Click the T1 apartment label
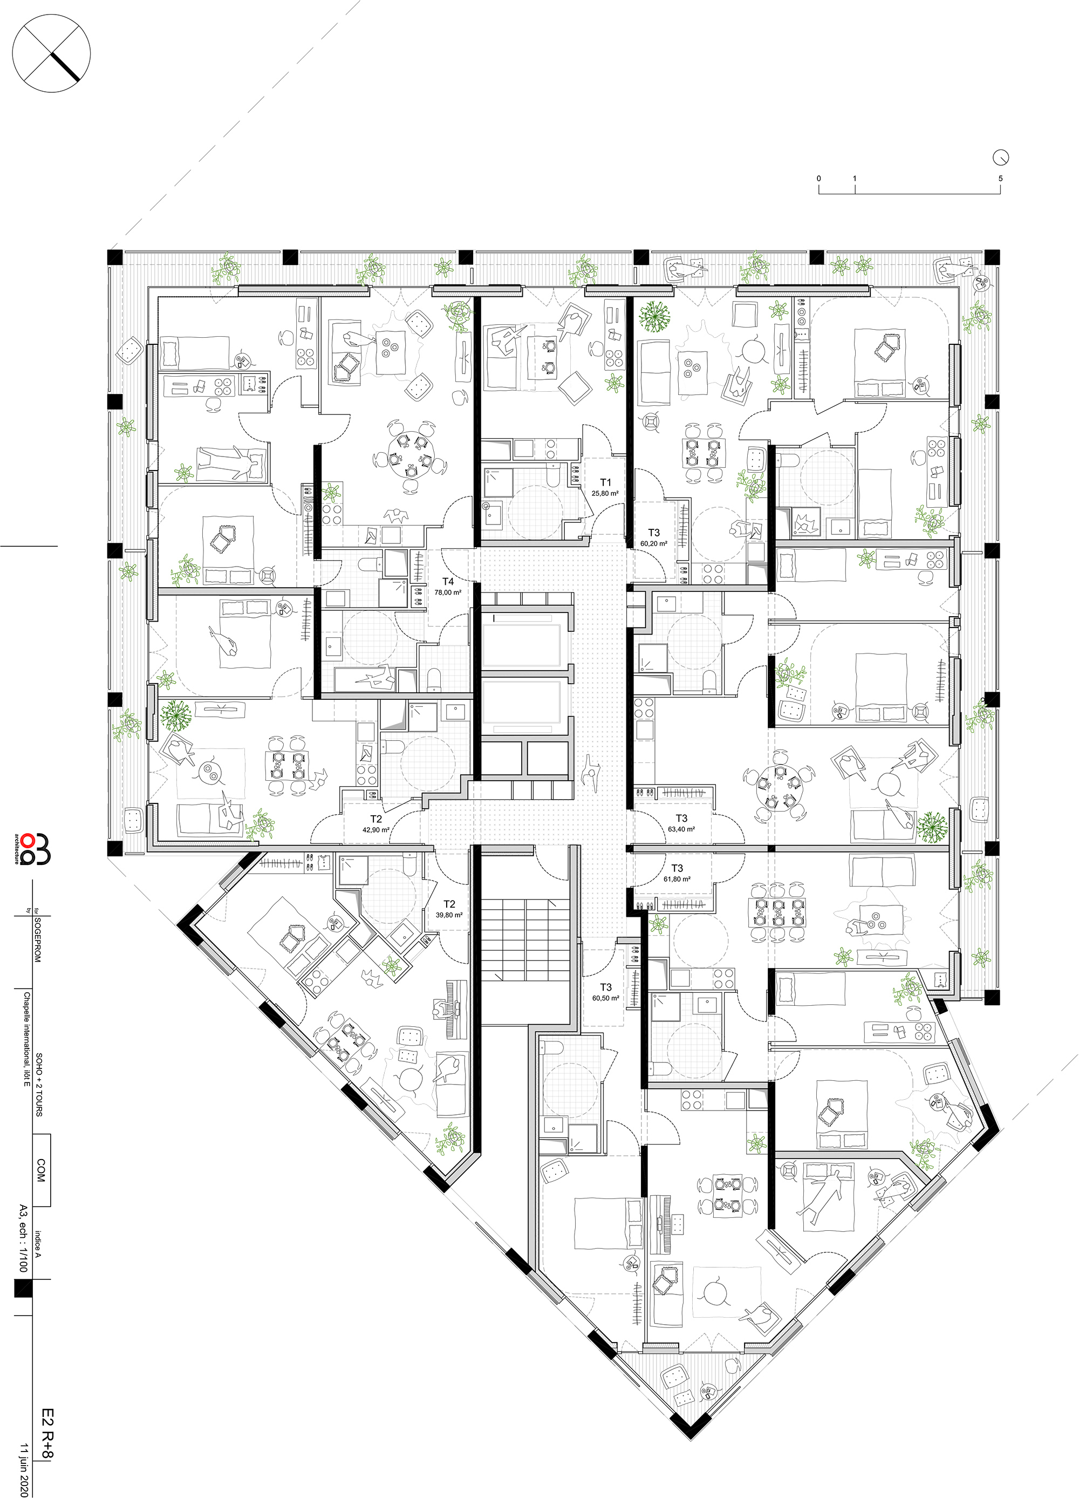click(605, 482)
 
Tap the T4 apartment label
click(448, 582)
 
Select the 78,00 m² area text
click(448, 593)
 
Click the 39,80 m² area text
click(449, 915)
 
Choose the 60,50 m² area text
click(605, 998)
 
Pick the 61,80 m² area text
click(677, 880)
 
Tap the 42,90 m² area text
click(376, 829)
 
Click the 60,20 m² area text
click(653, 543)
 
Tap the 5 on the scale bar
click(1000, 179)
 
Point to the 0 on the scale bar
click(818, 179)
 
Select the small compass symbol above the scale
click(1001, 158)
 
